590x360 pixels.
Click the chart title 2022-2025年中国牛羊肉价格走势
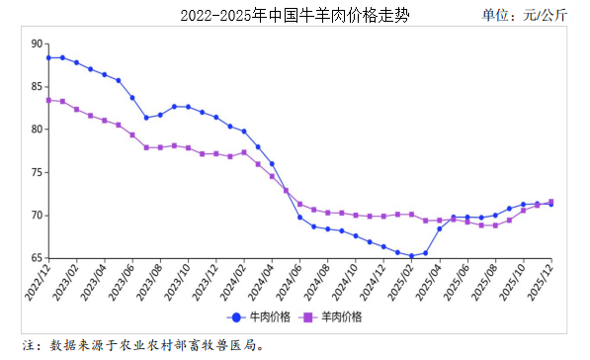point(295,16)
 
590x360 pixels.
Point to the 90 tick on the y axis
point(37,44)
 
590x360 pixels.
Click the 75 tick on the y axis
point(37,172)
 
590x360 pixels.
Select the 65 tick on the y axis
point(37,258)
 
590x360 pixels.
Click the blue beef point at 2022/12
point(48,57)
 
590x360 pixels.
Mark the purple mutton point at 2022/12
point(48,100)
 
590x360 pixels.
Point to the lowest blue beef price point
point(411,256)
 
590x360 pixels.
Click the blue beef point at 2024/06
point(299,217)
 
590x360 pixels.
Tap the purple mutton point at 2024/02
point(244,152)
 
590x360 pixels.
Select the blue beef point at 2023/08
point(160,115)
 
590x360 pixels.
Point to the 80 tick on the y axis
point(37,130)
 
